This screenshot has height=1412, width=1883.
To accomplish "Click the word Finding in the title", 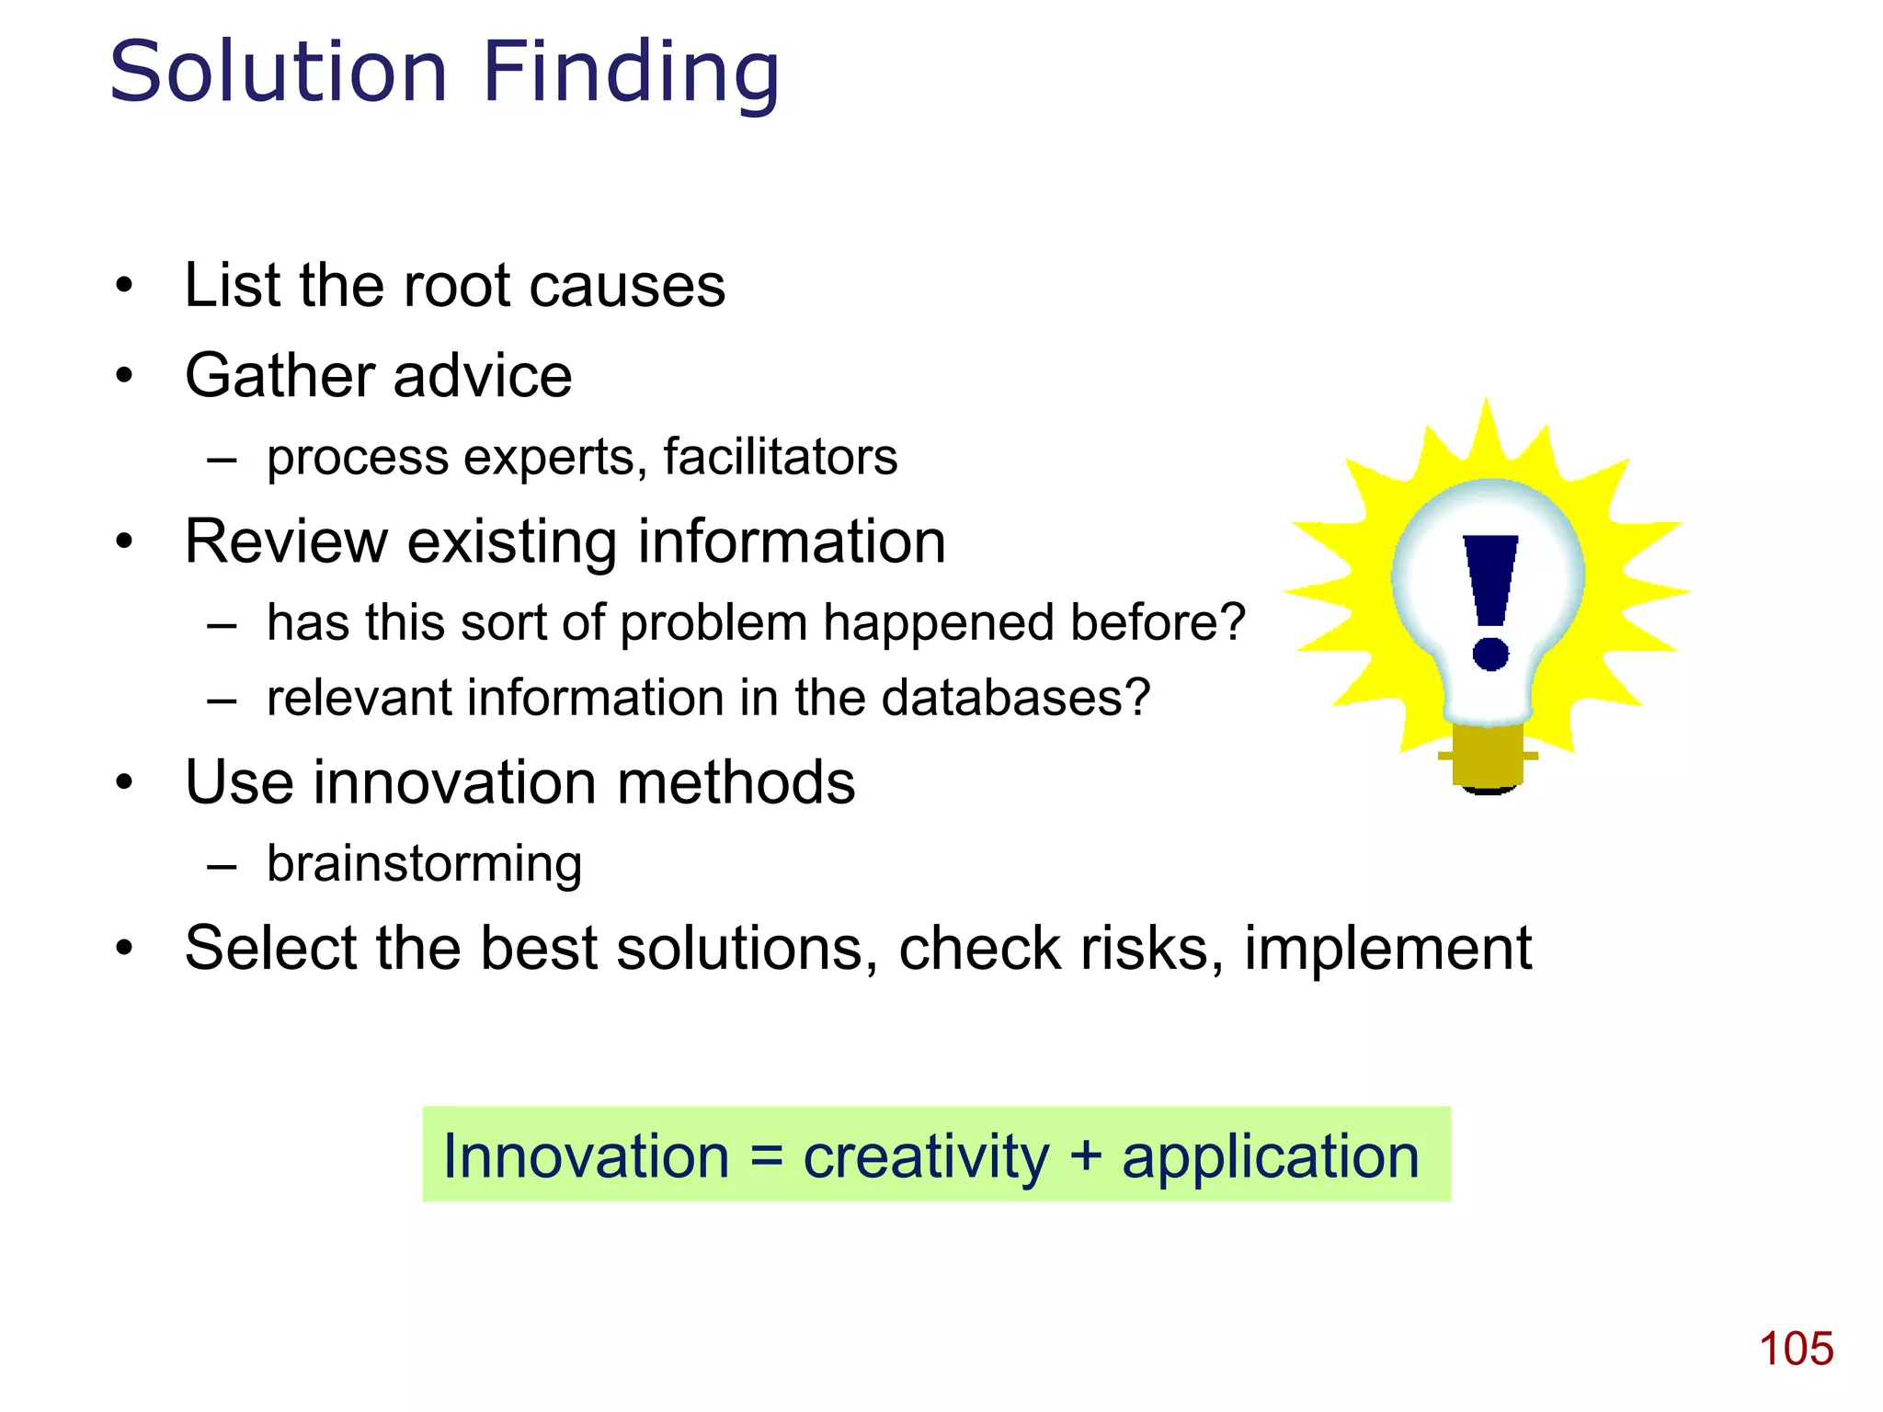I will pos(631,74).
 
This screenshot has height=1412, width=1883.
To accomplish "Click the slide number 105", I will pos(1796,1349).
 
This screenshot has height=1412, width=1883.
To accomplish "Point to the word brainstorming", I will pos(424,864).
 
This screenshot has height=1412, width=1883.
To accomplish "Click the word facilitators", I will pos(780,457).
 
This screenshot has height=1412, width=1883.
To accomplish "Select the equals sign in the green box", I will pos(766,1156).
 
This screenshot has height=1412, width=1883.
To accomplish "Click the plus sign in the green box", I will pos(1086,1156).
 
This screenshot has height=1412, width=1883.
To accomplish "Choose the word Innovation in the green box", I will pos(586,1156).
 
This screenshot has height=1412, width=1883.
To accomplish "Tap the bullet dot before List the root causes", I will pos(124,285).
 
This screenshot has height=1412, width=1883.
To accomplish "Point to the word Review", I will pos(285,541).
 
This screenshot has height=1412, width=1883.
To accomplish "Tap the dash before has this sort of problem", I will pos(223,625).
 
